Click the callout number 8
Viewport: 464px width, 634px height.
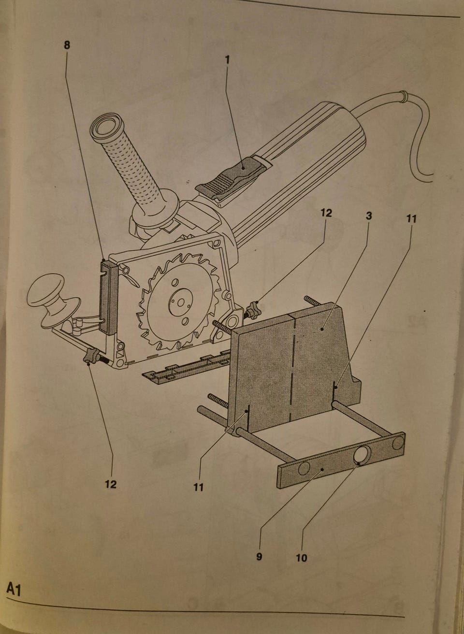[67, 45]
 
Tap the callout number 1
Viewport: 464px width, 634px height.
[227, 59]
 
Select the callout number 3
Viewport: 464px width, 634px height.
[369, 216]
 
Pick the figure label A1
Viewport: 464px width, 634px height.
[14, 589]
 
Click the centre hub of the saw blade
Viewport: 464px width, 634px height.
[180, 303]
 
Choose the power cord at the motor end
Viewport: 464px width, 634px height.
[396, 119]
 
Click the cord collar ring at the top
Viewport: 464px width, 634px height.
[403, 96]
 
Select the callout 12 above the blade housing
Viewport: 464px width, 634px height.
[326, 213]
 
